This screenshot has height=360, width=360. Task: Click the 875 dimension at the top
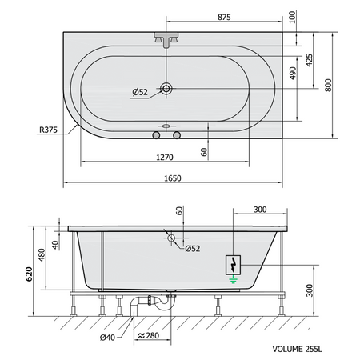click(x=224, y=17)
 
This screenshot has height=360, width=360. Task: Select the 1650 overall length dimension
click(x=173, y=178)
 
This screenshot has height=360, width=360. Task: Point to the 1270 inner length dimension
click(x=165, y=158)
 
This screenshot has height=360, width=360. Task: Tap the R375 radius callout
click(x=48, y=130)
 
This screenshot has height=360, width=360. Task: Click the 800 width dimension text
click(x=328, y=86)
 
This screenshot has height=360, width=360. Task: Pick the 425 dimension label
click(x=309, y=60)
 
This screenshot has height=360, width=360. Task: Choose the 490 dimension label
click(x=293, y=73)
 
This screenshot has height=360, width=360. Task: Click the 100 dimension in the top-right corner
click(x=292, y=17)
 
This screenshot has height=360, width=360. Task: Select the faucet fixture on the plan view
click(x=166, y=39)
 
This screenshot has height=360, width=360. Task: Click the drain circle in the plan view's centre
click(x=166, y=88)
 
